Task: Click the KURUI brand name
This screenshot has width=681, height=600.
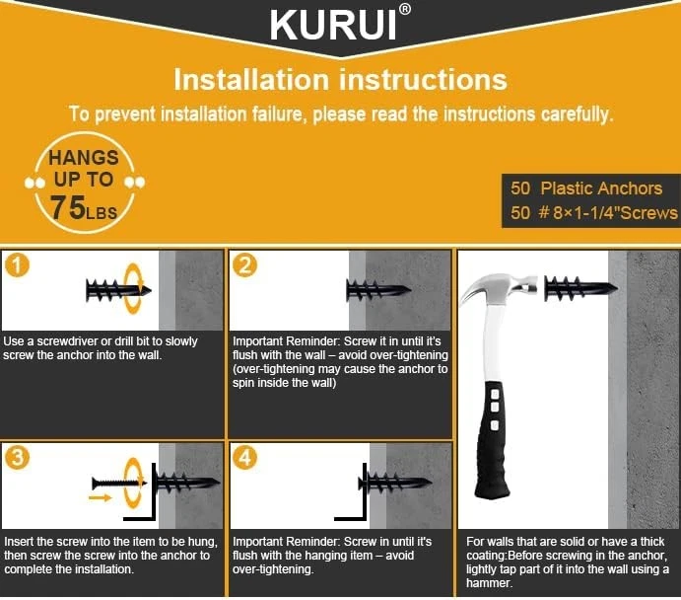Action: tap(333, 26)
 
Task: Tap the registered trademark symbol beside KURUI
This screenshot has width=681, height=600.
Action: tap(404, 10)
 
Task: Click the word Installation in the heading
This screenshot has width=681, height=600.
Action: tap(251, 80)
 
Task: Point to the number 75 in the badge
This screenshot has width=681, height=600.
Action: tap(68, 207)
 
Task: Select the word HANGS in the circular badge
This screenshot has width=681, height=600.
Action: tap(84, 157)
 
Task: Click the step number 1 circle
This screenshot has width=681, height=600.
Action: tap(17, 265)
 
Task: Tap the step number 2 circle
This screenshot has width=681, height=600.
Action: tap(245, 265)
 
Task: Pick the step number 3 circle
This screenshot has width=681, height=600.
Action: tap(17, 457)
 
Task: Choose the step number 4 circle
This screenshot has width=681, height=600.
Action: tap(245, 457)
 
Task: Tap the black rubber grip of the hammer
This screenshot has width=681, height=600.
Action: tap(492, 439)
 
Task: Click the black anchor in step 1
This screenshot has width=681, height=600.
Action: tap(118, 290)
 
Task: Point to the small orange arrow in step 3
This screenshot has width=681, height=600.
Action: tap(100, 497)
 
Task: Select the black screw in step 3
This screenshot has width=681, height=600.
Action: tap(119, 483)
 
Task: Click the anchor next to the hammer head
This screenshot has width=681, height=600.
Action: tap(580, 288)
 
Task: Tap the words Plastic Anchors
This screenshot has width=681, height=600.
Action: tap(601, 188)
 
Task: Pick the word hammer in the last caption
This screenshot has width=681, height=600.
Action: tap(489, 583)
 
